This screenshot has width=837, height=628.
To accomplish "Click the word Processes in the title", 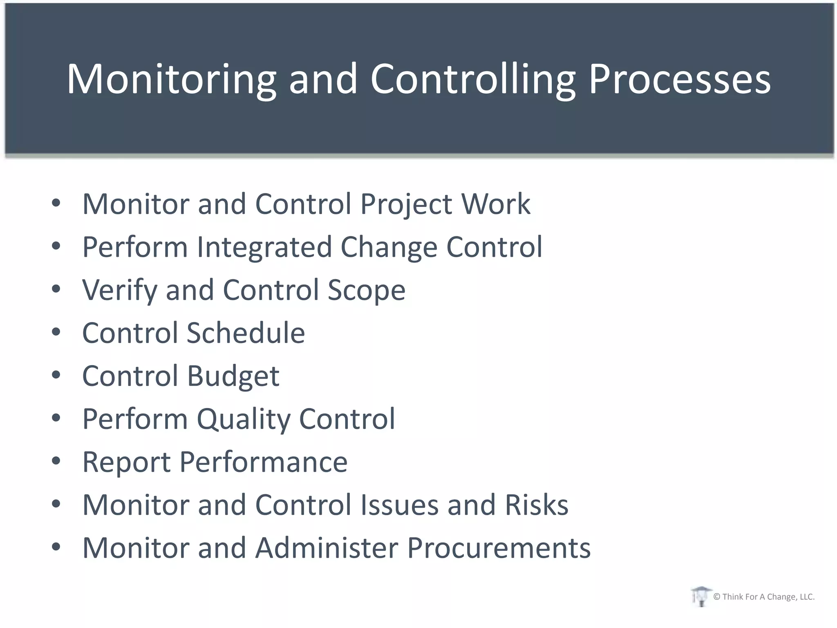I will [x=679, y=79].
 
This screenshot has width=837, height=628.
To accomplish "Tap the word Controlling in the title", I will [x=473, y=79].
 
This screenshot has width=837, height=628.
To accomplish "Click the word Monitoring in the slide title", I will [x=172, y=79].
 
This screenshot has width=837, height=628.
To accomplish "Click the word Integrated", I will [x=264, y=247].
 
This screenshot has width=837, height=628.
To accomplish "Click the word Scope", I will [x=366, y=290].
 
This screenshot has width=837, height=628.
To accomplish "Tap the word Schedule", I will [x=246, y=333].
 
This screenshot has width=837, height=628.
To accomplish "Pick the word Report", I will [x=126, y=462].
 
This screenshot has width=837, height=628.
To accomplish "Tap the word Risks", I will [x=536, y=505].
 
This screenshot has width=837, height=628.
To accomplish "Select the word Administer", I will [x=327, y=548].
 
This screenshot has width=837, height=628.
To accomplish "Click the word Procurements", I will [x=499, y=548].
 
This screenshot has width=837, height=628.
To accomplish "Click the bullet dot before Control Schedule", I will [x=56, y=332].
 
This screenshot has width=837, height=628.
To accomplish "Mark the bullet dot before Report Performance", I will [x=56, y=461].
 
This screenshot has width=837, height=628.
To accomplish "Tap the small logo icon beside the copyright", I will [x=700, y=597].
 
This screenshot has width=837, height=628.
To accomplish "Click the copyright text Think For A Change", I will [x=763, y=597].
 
